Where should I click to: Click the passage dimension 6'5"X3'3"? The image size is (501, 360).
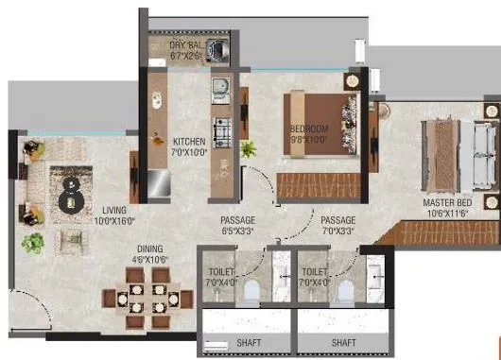pos(238,231)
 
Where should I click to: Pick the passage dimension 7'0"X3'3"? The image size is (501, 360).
pos(337,231)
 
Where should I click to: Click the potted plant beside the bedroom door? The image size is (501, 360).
pos(250,148)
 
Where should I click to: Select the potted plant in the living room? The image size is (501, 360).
pos(34,242)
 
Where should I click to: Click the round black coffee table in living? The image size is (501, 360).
pos(69,199)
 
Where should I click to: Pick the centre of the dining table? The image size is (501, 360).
pos(147,294)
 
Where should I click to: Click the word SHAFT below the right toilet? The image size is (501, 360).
pos(343,341)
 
